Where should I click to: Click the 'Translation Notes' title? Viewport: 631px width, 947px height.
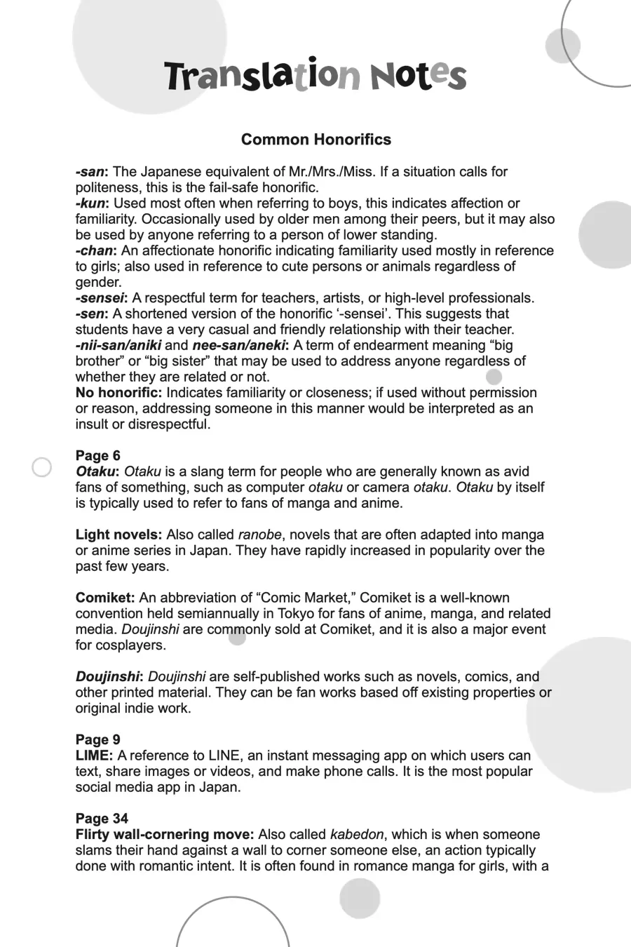[315, 76]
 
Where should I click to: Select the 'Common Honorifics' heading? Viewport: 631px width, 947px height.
[315, 140]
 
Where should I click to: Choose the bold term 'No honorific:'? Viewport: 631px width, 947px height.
[118, 393]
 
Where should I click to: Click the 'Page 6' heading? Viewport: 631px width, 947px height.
[97, 456]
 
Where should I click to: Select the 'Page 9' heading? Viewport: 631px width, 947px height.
[97, 740]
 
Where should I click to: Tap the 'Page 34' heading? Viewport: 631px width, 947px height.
[102, 819]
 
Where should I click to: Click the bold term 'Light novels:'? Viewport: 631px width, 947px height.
[118, 535]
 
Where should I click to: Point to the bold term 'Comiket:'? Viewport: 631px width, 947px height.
[105, 598]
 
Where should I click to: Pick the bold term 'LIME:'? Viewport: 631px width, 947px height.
[94, 755]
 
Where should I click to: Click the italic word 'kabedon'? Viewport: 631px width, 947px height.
[357, 835]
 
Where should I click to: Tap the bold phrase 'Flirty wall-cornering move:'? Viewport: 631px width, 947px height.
[165, 835]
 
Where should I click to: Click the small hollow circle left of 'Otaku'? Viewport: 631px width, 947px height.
[42, 467]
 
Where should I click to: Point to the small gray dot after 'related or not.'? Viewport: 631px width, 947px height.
[494, 377]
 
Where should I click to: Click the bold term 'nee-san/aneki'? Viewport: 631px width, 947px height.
[239, 345]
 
